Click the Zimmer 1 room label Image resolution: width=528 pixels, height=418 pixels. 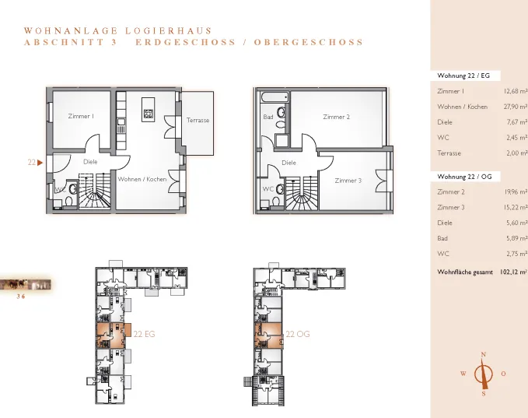[81, 116]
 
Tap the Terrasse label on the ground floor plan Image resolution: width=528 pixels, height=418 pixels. [198, 120]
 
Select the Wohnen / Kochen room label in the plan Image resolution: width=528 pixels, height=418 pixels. [142, 179]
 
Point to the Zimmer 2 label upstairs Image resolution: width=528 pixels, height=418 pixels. [337, 117]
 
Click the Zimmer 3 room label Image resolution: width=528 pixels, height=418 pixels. [348, 181]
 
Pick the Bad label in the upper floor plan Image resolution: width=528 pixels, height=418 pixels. [268, 117]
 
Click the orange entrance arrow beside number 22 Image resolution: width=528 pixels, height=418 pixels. [40, 163]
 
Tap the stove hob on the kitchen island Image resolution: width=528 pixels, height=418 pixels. [149, 114]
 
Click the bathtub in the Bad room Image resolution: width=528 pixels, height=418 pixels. [274, 98]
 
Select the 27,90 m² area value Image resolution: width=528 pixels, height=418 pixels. [516, 107]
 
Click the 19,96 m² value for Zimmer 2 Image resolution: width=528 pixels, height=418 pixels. [516, 191]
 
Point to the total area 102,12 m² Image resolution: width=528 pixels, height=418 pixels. [514, 272]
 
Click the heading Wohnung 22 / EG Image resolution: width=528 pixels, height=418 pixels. [463, 76]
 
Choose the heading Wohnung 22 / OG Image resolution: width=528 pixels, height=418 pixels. [464, 176]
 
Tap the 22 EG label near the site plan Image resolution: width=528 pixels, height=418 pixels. [144, 334]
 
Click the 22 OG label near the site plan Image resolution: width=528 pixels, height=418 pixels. [298, 334]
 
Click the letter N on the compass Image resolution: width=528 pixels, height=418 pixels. [484, 354]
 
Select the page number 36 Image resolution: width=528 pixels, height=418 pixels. [21, 297]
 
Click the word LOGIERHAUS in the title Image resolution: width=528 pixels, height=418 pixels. [169, 30]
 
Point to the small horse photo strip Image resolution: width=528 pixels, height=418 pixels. [25, 285]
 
